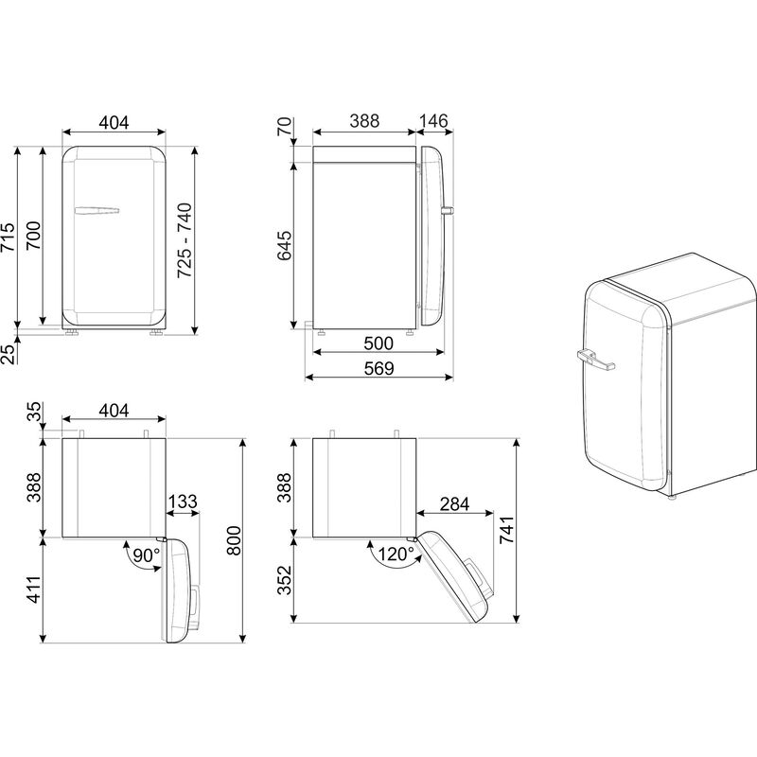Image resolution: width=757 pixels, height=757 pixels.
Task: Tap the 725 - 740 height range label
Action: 185,239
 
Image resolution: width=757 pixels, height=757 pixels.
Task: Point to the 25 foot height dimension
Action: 8,354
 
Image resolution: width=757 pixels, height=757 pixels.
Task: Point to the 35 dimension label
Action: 35,413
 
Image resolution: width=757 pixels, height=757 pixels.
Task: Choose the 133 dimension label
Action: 182,502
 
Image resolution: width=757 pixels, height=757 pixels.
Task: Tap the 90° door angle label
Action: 145,555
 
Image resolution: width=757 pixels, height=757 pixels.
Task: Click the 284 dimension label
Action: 454,503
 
